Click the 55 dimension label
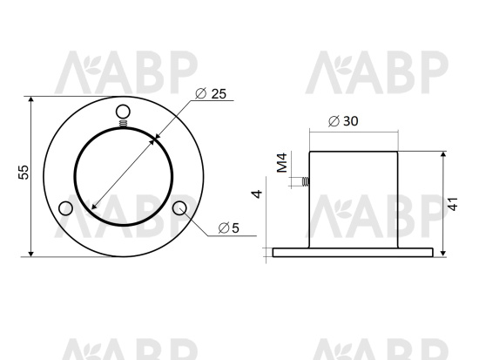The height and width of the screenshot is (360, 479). point(24,172)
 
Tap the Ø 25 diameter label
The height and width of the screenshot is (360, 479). point(211,93)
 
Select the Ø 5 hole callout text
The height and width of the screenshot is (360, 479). point(229,228)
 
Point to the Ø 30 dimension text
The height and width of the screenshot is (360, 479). point(343,121)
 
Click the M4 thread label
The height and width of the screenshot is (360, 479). point(282,163)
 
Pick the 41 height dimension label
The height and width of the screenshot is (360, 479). point(453,204)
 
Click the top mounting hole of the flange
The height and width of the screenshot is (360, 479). point(123,112)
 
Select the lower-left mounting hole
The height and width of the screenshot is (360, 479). point(65,208)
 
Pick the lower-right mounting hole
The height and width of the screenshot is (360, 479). point(179,208)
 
